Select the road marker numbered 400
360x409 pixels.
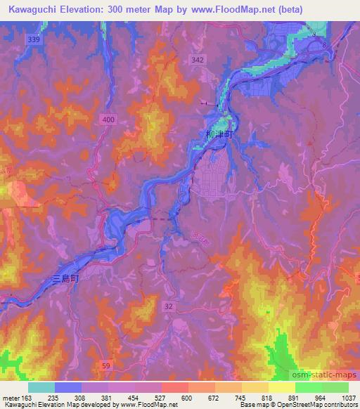tap(108, 120)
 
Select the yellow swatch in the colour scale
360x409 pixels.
tap(281, 387)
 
